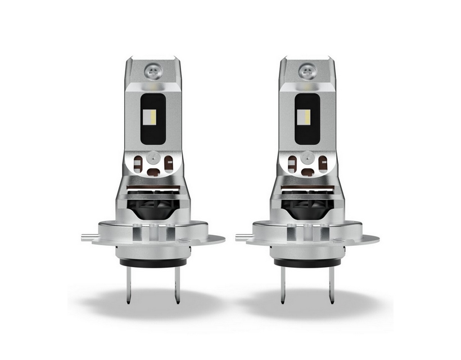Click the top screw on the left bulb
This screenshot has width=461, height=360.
[153, 70]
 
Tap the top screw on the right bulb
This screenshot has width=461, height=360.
[307, 70]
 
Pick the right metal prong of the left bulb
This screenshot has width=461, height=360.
[177, 284]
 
